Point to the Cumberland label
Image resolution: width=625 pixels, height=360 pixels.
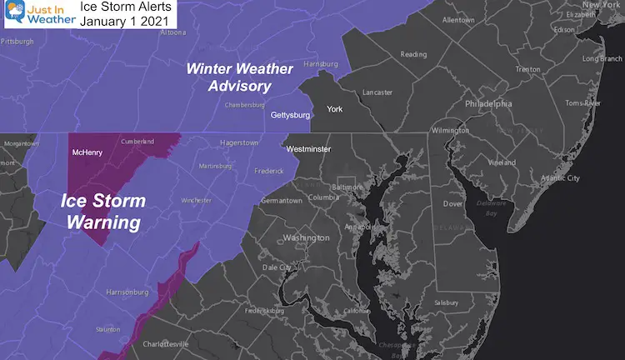point(137,142)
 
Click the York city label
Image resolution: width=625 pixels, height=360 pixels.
point(335,108)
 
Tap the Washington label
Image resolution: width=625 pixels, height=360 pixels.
point(307,237)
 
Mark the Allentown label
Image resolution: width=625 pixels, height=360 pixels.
point(459,19)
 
